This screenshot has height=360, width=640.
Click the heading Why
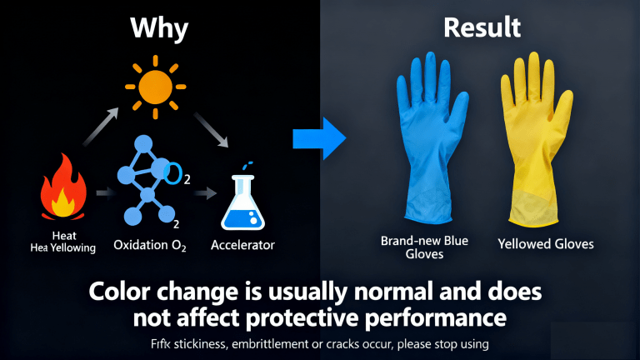click(159, 29)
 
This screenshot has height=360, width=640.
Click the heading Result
click(482, 28)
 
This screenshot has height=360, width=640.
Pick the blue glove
click(427, 137)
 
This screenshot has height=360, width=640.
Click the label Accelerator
click(242, 245)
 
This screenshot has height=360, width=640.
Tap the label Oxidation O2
click(150, 246)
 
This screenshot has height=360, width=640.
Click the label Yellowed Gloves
click(545, 244)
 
